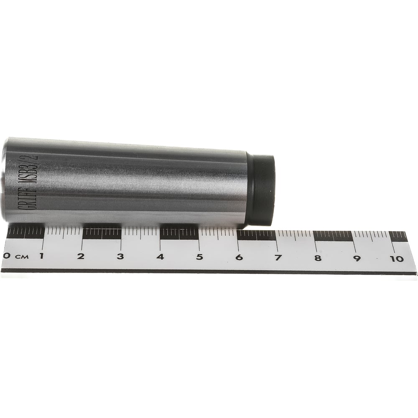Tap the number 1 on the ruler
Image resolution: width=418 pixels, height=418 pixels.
tap(41, 256)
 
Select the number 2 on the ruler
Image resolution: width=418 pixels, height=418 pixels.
tap(81, 256)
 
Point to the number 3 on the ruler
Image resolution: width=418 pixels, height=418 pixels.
tap(120, 257)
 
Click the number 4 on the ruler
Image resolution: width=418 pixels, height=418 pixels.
tap(160, 257)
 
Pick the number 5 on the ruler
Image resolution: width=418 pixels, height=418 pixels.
tap(200, 257)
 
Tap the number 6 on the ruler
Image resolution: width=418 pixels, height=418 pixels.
tap(239, 257)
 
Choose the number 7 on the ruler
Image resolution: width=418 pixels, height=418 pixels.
tap(278, 257)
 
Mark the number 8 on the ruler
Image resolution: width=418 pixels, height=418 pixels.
tap(318, 258)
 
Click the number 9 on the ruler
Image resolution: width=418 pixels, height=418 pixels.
tap(357, 258)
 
